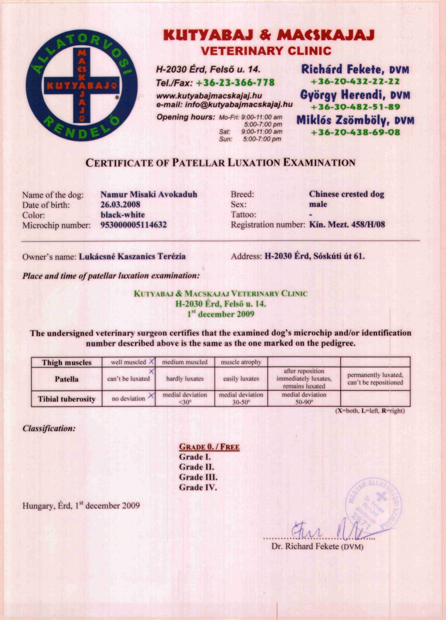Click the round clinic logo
coord(81,85)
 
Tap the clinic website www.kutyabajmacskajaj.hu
coord(209,95)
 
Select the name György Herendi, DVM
coord(355,95)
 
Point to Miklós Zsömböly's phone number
coord(355,133)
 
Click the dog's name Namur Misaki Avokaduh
coord(149,194)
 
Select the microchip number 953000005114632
coord(133,225)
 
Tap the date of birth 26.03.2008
coord(120,204)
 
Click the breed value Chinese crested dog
coord(346,194)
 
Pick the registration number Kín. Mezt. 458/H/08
coord(347,225)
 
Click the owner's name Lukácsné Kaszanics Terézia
coord(132,256)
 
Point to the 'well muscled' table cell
coord(128,362)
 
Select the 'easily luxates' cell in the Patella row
coord(241,379)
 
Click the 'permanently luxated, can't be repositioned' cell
coord(375,379)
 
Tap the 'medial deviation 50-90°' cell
coord(304,399)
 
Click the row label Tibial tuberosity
coord(67,399)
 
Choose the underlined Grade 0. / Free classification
coord(209,447)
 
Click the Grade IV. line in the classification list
coord(198,487)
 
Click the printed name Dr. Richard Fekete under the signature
coord(317,546)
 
